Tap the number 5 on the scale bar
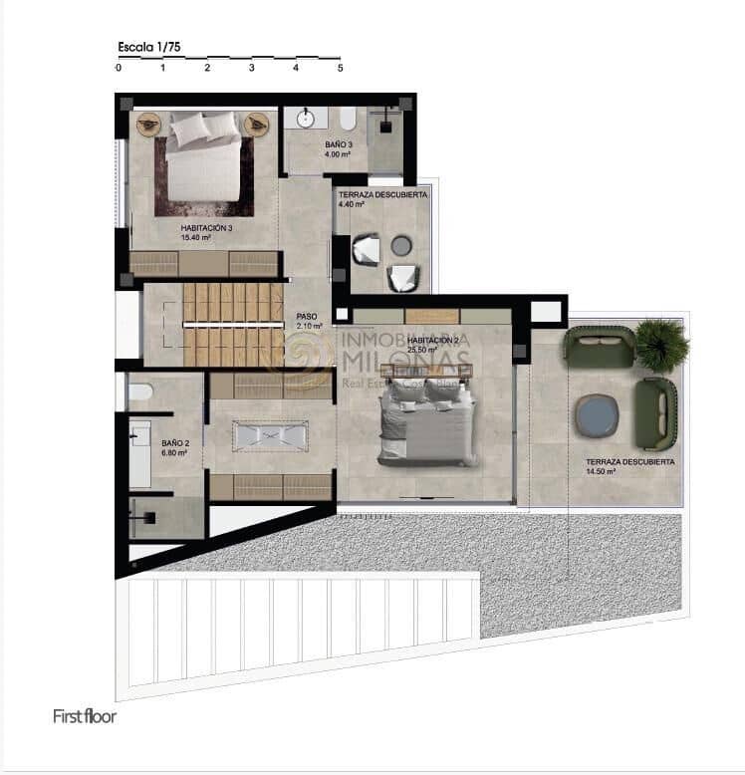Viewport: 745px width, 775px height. [x=341, y=69]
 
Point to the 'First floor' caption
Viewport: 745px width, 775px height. [x=85, y=715]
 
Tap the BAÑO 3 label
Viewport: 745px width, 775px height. [x=338, y=145]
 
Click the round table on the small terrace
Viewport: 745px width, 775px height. [x=401, y=245]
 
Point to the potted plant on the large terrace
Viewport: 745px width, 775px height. [x=660, y=345]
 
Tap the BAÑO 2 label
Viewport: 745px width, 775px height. [x=175, y=443]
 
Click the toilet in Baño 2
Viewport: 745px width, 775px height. [x=139, y=392]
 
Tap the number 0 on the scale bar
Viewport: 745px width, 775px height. [x=119, y=69]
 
